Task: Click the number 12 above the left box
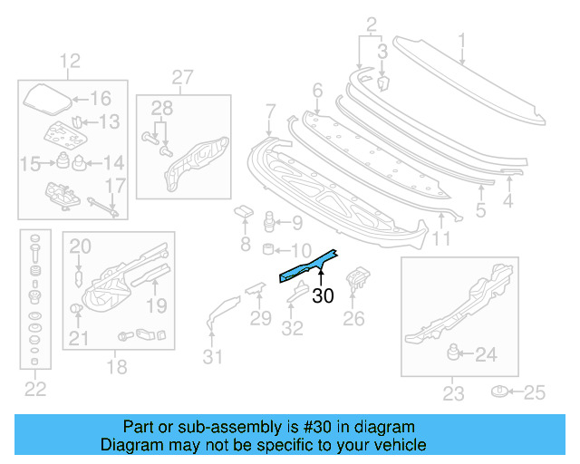coord(70,62)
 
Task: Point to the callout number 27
coord(183,77)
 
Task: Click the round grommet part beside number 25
coord(499,391)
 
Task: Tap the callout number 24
coord(486,354)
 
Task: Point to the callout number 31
coord(211,357)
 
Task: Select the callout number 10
coord(299,249)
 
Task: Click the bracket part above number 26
coord(360,277)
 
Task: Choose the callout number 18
coord(118,366)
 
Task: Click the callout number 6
coord(317,91)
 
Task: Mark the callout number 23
coord(453,393)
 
